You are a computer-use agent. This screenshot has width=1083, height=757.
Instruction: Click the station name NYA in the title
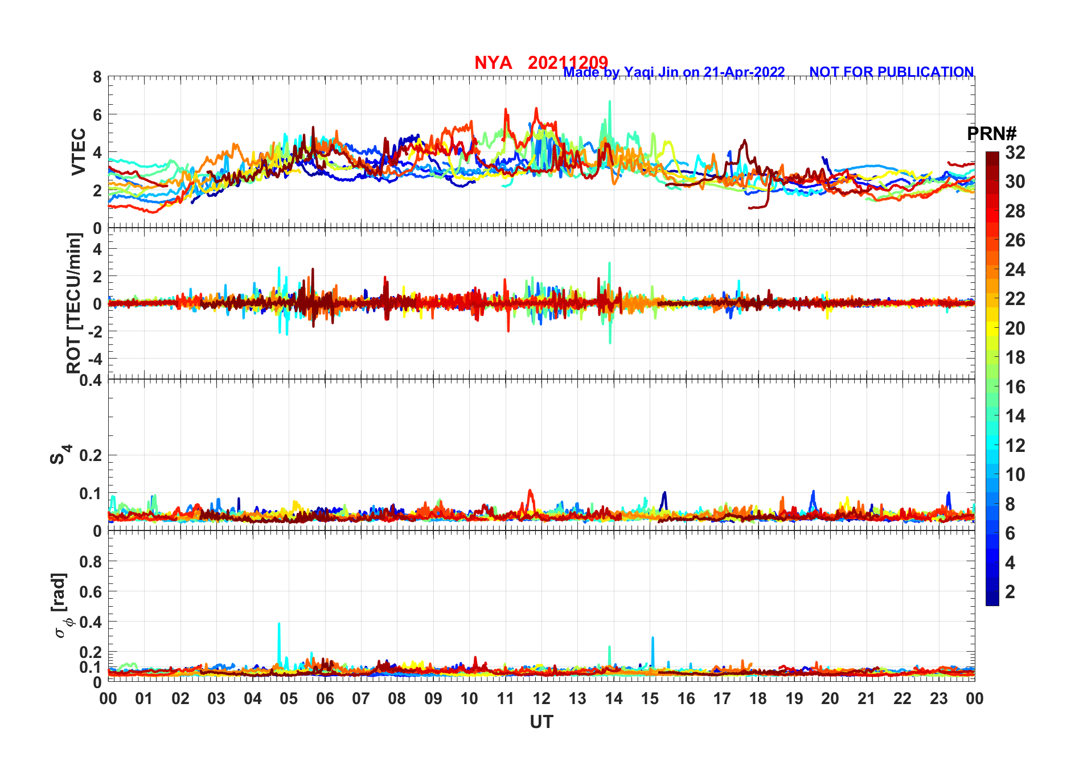pos(493,63)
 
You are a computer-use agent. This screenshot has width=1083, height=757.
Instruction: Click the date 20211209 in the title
pos(568,63)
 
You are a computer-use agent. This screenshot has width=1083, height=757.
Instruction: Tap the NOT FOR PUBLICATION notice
pos(891,72)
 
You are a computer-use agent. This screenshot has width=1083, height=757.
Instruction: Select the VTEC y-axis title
pos(79,152)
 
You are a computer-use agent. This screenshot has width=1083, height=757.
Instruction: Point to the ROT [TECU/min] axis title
pos(74,303)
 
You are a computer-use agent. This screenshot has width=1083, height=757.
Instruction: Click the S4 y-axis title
pos(59,455)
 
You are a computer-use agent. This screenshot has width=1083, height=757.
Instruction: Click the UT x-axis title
pos(541,722)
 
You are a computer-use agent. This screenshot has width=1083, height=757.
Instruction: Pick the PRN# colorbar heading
pos(991,134)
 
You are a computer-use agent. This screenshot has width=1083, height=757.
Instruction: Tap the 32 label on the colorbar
pos(1015,153)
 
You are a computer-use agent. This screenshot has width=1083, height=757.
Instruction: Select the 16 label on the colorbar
pos(1015,387)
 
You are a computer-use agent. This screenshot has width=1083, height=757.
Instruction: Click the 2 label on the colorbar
pos(1010,592)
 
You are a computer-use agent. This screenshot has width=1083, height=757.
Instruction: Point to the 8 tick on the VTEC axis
pos(97,77)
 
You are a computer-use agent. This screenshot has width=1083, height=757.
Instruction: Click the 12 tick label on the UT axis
pos(541,698)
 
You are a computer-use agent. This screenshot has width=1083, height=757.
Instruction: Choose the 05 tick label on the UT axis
pos(289,698)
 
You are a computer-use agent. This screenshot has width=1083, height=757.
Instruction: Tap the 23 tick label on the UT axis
pos(938,698)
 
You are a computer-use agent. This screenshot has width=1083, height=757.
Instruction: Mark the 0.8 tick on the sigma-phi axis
pos(90,562)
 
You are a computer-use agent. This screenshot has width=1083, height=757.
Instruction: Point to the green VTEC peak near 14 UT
pos(610,102)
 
